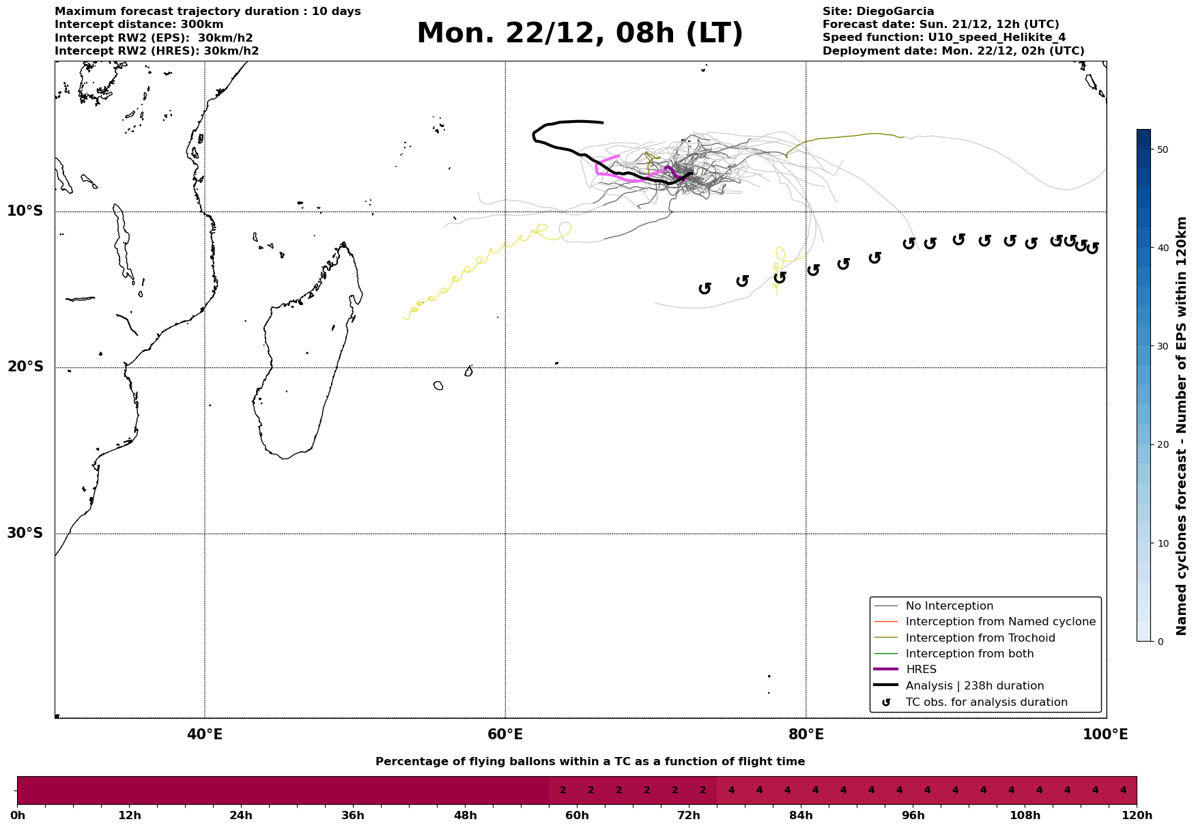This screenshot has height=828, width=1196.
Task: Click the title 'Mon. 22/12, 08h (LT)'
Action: point(580,33)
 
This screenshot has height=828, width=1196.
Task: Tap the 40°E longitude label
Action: point(205,734)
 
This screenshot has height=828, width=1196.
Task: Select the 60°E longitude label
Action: point(505,734)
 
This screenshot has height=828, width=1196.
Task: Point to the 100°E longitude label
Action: point(1105,734)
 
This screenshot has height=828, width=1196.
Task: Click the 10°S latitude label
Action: point(25,211)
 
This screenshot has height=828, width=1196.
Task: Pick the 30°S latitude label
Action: point(25,533)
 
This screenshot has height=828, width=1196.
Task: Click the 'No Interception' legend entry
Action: point(949,606)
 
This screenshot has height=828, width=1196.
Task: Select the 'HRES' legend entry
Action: point(921,670)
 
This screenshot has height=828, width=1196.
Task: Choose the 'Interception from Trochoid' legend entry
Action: point(980,638)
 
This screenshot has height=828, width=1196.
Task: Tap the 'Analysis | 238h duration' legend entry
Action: point(974,686)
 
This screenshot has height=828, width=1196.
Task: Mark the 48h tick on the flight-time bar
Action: point(465,815)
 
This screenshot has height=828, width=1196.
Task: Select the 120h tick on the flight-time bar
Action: point(1137,815)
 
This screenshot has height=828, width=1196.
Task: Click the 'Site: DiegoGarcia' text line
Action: point(878,12)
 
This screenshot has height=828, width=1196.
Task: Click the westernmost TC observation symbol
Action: point(705,288)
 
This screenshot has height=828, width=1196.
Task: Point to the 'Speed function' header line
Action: point(943,38)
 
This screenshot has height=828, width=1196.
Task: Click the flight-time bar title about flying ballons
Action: point(590,762)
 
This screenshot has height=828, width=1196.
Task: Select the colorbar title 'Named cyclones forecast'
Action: point(1182,426)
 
